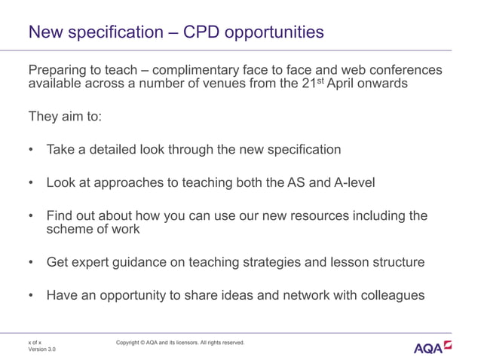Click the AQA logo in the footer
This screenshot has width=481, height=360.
pyautogui.click(x=433, y=347)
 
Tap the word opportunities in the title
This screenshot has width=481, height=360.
pyautogui.click(x=272, y=32)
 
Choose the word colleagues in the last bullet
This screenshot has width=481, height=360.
pyautogui.click(x=389, y=296)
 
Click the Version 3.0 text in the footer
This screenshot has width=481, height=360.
pyautogui.click(x=41, y=349)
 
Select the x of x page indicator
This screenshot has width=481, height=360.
pyautogui.click(x=35, y=342)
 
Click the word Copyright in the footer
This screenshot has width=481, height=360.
pyautogui.click(x=130, y=343)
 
